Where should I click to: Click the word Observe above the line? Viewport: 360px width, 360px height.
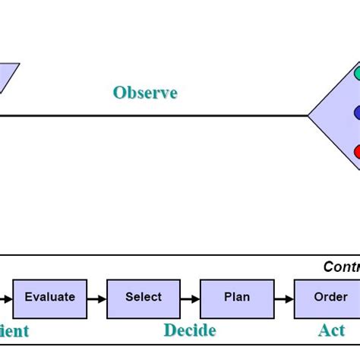coord(145,93)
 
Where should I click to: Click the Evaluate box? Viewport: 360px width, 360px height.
coord(50,298)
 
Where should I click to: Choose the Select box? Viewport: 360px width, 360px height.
coord(144,298)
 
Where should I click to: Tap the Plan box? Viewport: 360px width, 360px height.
coord(237,298)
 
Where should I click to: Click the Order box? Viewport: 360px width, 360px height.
coord(330,298)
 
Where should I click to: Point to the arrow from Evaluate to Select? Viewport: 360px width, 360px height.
coord(96,298)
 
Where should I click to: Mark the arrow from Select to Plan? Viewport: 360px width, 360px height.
coord(190,298)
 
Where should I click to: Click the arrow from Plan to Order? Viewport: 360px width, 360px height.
coord(283,298)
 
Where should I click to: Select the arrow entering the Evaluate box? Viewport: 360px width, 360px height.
coord(6,298)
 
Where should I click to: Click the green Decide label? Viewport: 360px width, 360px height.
coord(190,330)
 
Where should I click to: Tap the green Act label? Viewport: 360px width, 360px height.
coord(332,330)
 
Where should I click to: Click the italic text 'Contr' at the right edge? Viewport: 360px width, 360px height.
coord(341,267)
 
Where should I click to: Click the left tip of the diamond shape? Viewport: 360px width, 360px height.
coord(309,115)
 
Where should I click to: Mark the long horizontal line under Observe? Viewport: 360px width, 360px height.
coord(152,115)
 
